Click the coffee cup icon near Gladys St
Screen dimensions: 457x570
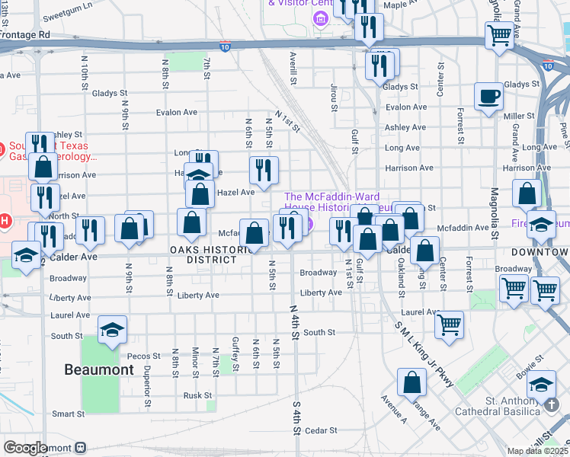488,97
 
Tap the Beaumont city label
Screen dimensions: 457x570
99,369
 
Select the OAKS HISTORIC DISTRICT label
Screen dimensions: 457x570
211,254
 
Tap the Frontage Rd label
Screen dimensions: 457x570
24,34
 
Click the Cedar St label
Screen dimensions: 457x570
315,430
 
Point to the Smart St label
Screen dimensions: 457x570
68,414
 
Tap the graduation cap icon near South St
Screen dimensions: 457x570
112,329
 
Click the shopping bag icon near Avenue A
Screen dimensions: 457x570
411,382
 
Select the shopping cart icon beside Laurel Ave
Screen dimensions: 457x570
450,324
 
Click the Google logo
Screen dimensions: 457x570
25,448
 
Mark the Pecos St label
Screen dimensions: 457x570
145,356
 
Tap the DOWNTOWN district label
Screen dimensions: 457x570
539,251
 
